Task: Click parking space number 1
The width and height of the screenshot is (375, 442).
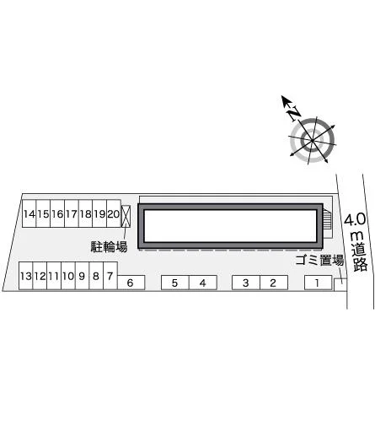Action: [319, 283]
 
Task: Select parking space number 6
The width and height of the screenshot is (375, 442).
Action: [131, 283]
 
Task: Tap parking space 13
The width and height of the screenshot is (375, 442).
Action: [25, 276]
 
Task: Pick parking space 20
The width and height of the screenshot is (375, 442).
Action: [114, 213]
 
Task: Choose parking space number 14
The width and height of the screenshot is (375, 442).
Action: [29, 213]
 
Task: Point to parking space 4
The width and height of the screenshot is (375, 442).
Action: [203, 283]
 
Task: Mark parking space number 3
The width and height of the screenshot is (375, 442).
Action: [246, 283]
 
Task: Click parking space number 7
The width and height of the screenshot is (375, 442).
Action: [110, 276]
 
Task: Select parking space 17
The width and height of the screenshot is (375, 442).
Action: [72, 213]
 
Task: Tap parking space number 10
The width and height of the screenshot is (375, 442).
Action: [68, 276]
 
